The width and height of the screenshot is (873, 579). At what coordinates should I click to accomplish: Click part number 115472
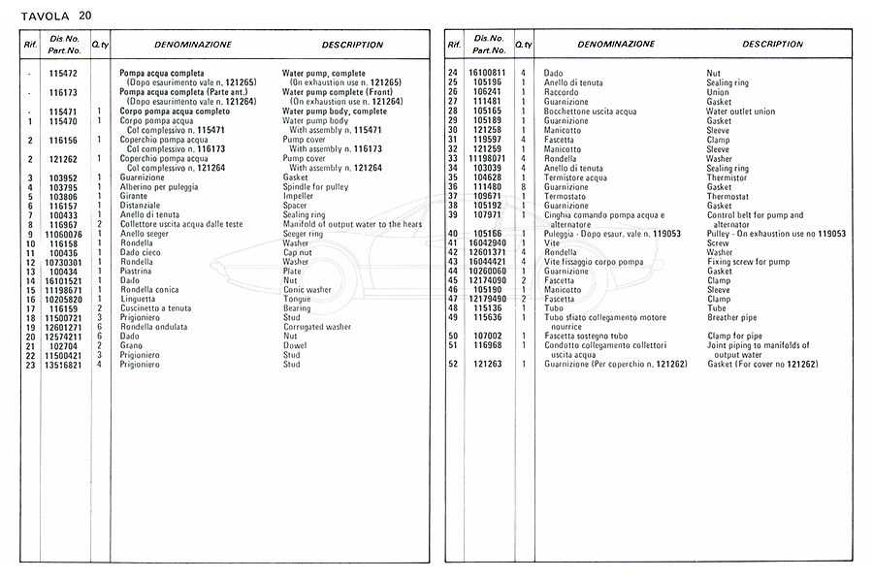[x=64, y=74]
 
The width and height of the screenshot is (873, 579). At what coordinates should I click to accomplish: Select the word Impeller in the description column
[x=299, y=196]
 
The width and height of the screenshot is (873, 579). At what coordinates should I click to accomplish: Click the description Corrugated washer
[x=316, y=327]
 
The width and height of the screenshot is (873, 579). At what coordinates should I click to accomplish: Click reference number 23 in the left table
[x=31, y=365]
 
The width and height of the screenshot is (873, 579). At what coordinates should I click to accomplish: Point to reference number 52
[x=452, y=364]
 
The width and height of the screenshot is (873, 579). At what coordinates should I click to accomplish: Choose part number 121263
[x=487, y=364]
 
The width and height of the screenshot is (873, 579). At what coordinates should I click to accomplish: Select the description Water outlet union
[x=740, y=112]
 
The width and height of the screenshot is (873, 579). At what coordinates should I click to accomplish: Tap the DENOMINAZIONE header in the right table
[x=616, y=45]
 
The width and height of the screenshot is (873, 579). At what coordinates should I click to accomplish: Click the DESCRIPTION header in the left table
[x=352, y=45]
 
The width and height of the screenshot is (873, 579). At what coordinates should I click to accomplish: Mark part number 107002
[x=487, y=336]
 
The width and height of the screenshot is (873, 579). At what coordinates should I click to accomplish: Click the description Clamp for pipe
[x=734, y=336]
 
